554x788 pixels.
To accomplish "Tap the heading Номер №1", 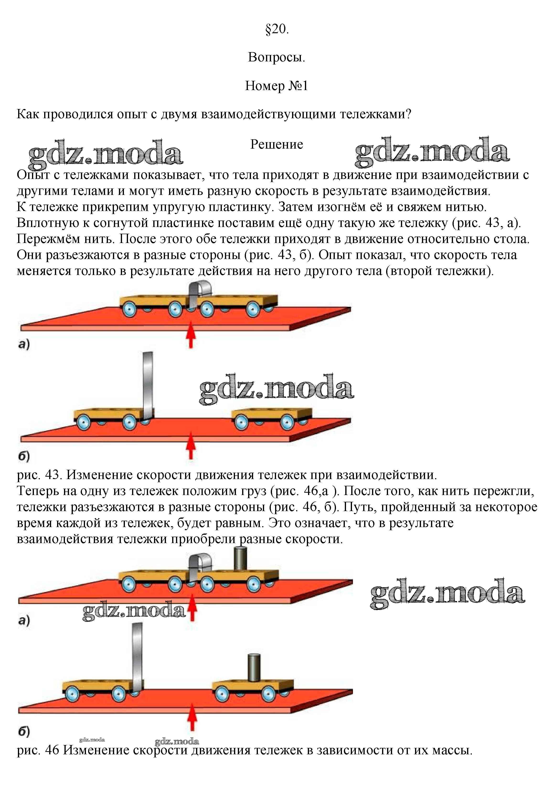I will [277, 86].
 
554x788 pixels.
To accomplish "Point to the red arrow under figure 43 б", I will [191, 448].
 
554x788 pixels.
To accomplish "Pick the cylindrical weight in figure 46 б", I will [254, 668].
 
